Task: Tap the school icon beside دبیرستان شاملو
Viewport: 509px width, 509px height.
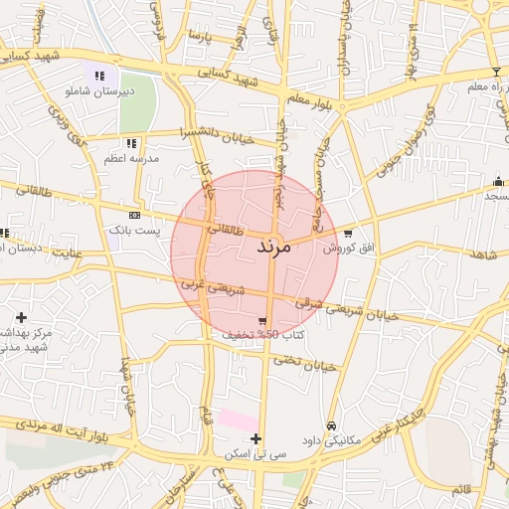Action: [98, 76]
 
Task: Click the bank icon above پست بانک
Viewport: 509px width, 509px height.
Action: [135, 215]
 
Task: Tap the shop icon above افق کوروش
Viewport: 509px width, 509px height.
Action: [347, 233]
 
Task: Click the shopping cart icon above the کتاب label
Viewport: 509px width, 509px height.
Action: [261, 321]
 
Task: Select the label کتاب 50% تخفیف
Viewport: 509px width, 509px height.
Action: [261, 336]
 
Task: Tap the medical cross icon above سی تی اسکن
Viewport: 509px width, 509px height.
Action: [256, 438]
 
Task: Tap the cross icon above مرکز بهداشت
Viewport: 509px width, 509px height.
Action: [21, 317]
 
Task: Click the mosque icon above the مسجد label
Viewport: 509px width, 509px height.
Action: [497, 181]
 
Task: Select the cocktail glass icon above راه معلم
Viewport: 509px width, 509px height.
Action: [496, 72]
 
